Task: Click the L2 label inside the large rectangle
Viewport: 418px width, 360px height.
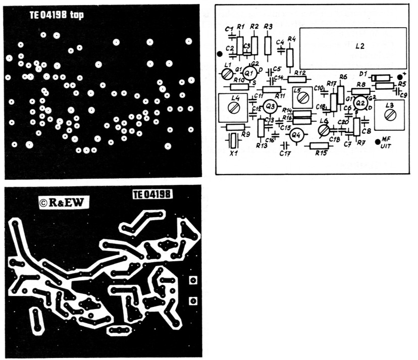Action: [x=359, y=46]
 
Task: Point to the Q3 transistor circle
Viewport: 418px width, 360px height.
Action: [x=271, y=106]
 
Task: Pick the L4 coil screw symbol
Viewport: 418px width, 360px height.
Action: [x=233, y=108]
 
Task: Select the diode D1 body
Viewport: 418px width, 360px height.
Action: [x=381, y=77]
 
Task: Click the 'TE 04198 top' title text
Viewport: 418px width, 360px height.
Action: [x=56, y=16]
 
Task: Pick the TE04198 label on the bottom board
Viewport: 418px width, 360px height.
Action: [x=150, y=194]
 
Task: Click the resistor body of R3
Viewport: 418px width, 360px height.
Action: [x=268, y=45]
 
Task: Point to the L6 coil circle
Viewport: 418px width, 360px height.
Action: [x=324, y=131]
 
